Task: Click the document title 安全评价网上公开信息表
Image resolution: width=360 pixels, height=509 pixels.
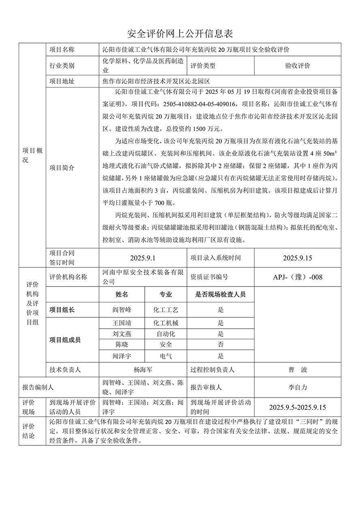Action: point(180,34)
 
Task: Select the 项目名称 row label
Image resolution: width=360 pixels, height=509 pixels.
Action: point(62,50)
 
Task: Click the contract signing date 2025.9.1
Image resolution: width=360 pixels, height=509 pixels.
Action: point(143,258)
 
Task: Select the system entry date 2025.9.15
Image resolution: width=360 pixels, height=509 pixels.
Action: point(298,258)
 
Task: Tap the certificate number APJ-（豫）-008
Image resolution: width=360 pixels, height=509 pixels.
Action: point(298,277)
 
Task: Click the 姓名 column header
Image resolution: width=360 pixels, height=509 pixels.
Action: point(122,295)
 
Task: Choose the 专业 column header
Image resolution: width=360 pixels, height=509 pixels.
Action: point(165,295)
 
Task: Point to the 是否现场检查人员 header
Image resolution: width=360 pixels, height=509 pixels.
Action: point(221,295)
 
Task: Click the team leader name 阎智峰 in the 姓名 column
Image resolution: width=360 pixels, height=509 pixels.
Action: point(122,310)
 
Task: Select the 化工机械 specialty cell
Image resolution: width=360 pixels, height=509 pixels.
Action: point(165,323)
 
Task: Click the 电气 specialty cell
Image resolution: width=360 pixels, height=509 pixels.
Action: point(165,356)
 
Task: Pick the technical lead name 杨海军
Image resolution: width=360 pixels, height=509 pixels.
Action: point(143,370)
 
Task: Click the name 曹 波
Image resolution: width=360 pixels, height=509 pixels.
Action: point(298,370)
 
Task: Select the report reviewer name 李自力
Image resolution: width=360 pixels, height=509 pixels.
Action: point(298,387)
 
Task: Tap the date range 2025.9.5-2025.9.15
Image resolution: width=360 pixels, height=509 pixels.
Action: point(298,407)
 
